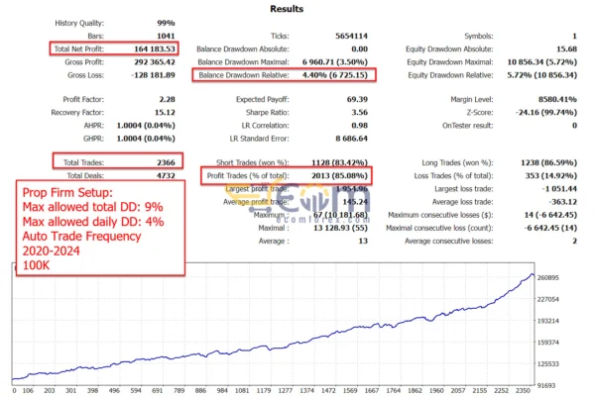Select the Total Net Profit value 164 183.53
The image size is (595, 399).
coord(149,48)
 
